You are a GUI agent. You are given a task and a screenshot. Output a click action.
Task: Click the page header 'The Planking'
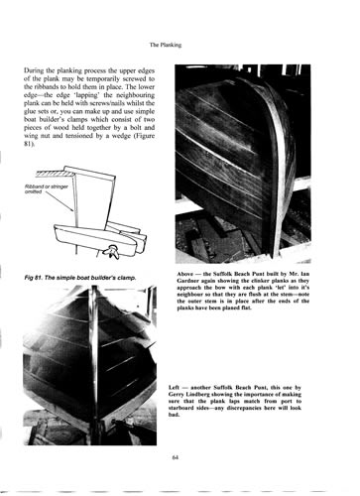[x=166, y=45]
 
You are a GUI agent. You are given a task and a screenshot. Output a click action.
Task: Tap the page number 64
[x=176, y=457]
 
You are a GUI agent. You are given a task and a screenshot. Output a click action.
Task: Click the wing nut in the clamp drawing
[x=110, y=250]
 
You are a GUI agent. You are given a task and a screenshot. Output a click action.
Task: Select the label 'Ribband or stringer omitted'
[x=47, y=188]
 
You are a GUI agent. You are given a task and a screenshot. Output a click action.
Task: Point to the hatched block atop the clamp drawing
[x=51, y=173]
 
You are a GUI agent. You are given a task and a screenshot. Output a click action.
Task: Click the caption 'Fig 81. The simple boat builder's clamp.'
[x=80, y=278]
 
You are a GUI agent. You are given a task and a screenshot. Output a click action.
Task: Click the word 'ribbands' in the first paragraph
[x=43, y=87]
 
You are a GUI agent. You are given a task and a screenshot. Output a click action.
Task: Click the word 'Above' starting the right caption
[x=183, y=274]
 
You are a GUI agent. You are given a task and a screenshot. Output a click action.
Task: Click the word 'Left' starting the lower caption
[x=174, y=388]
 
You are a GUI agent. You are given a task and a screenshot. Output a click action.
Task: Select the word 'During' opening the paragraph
[x=33, y=70]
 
